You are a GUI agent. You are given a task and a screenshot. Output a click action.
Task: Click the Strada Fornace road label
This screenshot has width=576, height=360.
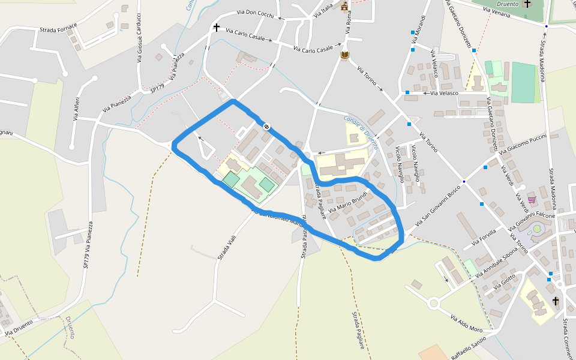point(58,28)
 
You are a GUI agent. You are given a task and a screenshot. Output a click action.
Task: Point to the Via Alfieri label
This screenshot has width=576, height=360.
point(76,109)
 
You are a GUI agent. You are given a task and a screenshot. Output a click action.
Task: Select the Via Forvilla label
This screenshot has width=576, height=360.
point(484,238)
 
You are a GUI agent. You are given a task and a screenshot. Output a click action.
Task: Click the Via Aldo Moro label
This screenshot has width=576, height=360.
point(466,323)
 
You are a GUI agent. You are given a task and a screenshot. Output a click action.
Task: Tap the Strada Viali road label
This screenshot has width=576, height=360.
point(227,248)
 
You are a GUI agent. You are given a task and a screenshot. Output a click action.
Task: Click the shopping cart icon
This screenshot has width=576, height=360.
point(532,199)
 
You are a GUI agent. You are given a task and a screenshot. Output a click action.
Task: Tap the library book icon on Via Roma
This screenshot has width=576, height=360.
point(344,55)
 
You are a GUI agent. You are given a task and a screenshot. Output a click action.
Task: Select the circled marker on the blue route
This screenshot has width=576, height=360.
point(265,126)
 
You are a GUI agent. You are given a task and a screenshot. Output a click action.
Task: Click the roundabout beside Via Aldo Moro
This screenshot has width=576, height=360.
point(434,303)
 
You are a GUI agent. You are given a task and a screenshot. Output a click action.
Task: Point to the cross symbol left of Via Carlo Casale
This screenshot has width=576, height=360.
point(216,28)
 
